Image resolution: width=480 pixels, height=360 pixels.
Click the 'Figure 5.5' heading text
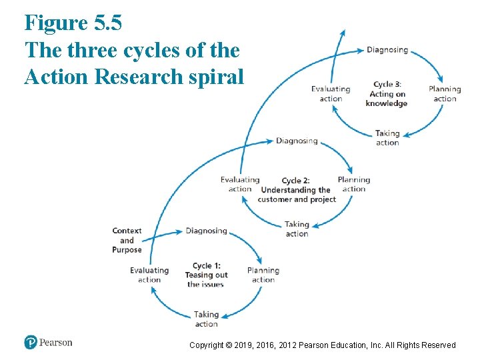tap(73, 23)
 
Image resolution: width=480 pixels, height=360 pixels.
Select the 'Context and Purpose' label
tap(127, 241)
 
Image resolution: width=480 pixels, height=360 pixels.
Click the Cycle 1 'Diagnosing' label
tap(206, 231)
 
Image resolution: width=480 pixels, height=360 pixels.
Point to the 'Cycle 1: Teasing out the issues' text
tap(207, 275)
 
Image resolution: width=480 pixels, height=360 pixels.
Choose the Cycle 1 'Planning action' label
tap(263, 275)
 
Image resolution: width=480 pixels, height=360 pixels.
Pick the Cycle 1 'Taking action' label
tap(206, 319)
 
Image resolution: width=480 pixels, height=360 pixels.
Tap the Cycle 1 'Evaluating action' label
tap(149, 275)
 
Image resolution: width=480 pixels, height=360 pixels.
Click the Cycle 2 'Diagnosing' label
tap(297, 141)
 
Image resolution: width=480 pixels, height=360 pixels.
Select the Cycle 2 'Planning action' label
tap(353, 184)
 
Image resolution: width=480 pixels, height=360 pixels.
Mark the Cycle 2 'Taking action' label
tap(297, 229)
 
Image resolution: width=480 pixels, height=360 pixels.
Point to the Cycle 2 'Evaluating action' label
tap(240, 184)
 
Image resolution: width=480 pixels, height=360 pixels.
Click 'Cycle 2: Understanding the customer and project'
tap(296, 190)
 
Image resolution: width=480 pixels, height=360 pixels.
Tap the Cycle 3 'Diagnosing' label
tap(387, 50)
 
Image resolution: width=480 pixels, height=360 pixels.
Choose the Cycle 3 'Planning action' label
tap(445, 94)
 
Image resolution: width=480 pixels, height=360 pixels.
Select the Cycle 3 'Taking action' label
tap(387, 137)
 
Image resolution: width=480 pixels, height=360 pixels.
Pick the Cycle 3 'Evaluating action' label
tap(331, 94)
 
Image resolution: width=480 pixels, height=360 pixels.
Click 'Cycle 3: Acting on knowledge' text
tap(387, 94)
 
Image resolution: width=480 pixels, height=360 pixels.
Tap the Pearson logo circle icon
tap(31, 342)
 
